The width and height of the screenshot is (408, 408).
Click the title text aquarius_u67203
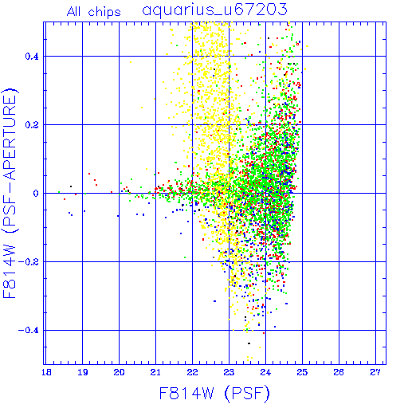pyautogui.click(x=214, y=10)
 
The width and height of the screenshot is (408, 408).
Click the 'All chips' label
pyautogui.click(x=94, y=12)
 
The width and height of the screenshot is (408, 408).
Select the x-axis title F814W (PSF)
pyautogui.click(x=214, y=394)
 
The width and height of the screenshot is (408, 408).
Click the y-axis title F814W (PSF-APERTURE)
pyautogui.click(x=10, y=194)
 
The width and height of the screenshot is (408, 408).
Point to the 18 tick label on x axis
pyautogui.click(x=46, y=372)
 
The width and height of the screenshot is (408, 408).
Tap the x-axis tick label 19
pyautogui.click(x=83, y=372)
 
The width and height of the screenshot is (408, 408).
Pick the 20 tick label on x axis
pyautogui.click(x=119, y=372)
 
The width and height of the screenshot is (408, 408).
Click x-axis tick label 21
pyautogui.click(x=155, y=372)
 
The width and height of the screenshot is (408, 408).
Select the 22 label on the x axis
pyautogui.click(x=192, y=372)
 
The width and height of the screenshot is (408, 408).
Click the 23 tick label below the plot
pyautogui.click(x=229, y=372)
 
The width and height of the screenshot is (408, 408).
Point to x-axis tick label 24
pyautogui.click(x=265, y=372)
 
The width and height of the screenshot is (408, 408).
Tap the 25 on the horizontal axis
pyautogui.click(x=302, y=372)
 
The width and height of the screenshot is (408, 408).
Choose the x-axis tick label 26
pyautogui.click(x=339, y=372)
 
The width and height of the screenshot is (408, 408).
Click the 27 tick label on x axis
pyautogui.click(x=375, y=372)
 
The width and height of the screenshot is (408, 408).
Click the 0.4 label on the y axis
pyautogui.click(x=32, y=57)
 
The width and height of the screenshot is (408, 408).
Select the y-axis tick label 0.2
pyautogui.click(x=32, y=125)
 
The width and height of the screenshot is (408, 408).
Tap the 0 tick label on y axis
pyautogui.click(x=36, y=194)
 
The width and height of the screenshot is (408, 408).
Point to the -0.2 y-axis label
pyautogui.click(x=29, y=262)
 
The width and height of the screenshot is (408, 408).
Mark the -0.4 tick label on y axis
pyautogui.click(x=29, y=331)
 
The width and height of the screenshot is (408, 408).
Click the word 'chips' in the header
pyautogui.click(x=104, y=13)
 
